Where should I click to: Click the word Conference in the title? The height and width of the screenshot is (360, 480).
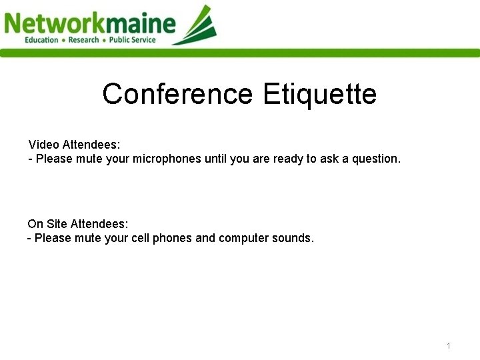click(x=177, y=94)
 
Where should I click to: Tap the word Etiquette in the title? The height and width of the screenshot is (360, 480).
click(x=319, y=94)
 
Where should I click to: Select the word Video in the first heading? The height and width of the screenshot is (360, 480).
click(x=44, y=145)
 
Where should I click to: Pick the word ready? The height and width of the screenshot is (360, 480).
click(x=288, y=159)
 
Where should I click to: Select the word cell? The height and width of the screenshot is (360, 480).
click(x=138, y=238)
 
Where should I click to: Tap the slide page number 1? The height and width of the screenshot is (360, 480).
click(x=449, y=345)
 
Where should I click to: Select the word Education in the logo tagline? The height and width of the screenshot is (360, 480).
click(x=41, y=40)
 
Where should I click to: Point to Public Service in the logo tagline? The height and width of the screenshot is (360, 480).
click(x=133, y=40)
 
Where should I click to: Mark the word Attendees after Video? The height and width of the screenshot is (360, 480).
click(x=91, y=145)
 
